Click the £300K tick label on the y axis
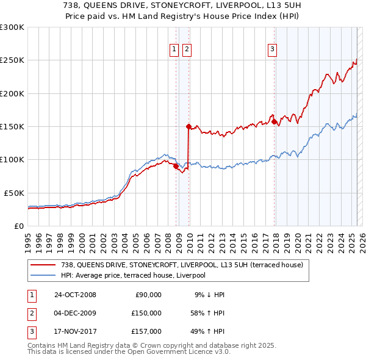coord(12,27)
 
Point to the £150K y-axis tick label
coord(12,126)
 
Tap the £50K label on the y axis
coord(14,192)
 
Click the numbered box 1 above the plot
coord(174,50)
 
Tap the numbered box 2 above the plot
coord(187,50)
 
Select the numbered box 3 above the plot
coord(272,50)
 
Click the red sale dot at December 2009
coord(188,126)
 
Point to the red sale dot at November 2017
coord(274,121)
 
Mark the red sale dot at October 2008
coord(176,166)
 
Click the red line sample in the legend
coord(44,265)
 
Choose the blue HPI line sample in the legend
coord(44,275)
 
